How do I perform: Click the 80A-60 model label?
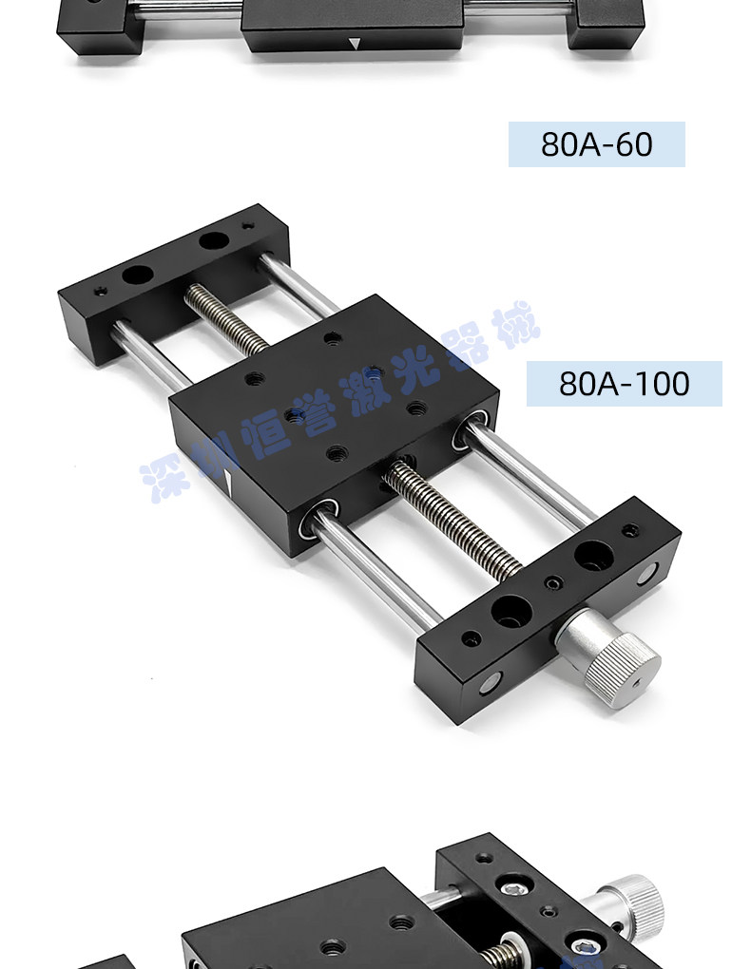pos(596,144)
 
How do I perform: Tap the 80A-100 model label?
pos(625,384)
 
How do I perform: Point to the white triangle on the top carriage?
pos(354,44)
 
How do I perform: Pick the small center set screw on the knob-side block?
pos(553,582)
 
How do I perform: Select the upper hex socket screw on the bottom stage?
pos(517,888)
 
